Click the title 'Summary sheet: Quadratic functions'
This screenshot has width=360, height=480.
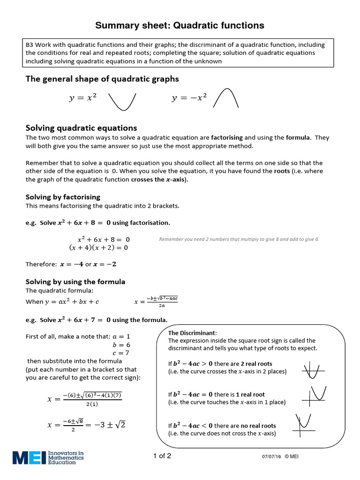point(180,25)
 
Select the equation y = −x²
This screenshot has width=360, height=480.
point(189,98)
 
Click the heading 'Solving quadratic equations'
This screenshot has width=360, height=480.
point(81,128)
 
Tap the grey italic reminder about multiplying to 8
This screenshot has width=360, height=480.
point(239,239)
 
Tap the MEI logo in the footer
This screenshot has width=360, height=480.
point(48,457)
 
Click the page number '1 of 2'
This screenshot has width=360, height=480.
point(162,456)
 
